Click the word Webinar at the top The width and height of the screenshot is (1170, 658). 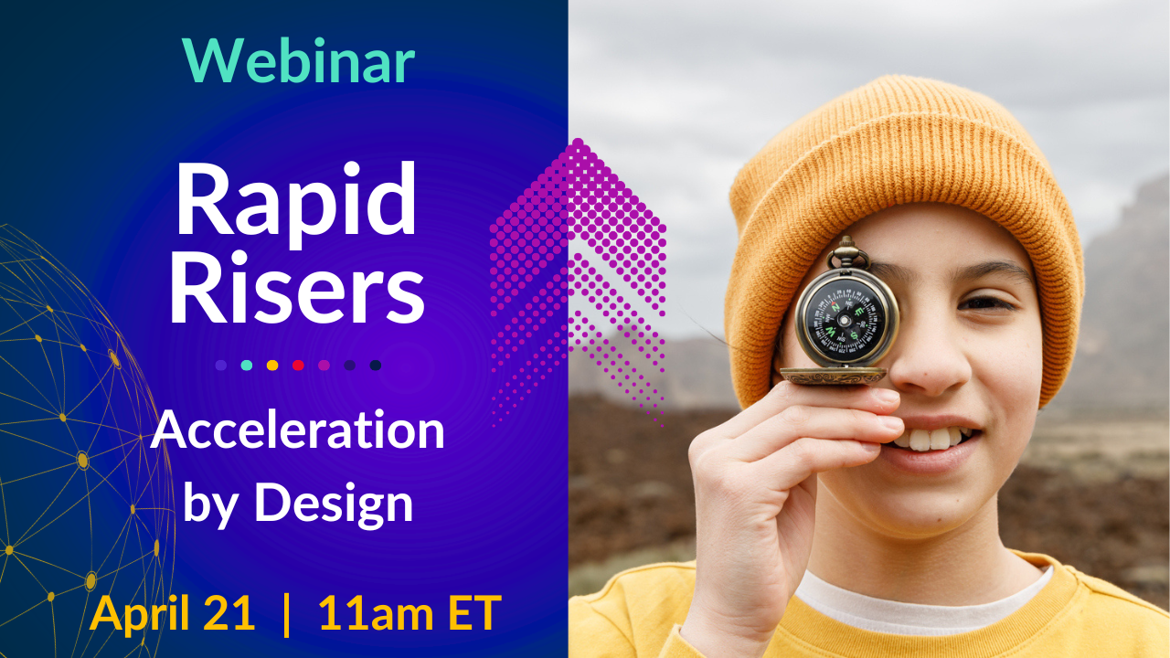pyautogui.click(x=298, y=60)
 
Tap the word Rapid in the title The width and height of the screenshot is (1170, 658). pyautogui.click(x=297, y=205)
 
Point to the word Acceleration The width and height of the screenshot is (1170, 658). pyautogui.click(x=298, y=430)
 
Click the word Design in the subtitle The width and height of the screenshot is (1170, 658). pyautogui.click(x=334, y=504)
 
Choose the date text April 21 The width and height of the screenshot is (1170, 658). pyautogui.click(x=172, y=612)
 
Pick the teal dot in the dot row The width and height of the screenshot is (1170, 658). pyautogui.click(x=247, y=366)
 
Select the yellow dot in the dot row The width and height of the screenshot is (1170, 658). pyautogui.click(x=272, y=366)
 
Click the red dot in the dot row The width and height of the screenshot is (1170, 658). pyautogui.click(x=298, y=366)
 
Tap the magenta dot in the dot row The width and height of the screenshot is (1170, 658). pyautogui.click(x=324, y=366)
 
